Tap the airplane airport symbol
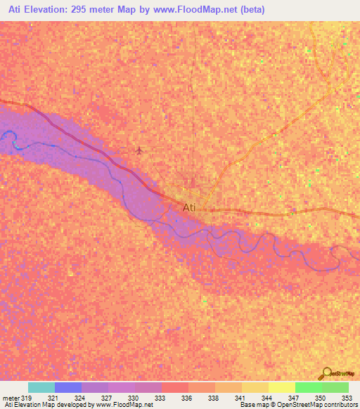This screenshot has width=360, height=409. coord(139,150)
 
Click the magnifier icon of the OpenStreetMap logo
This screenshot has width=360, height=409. coord(327,372)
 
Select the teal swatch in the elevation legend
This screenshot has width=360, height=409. coord(41,387)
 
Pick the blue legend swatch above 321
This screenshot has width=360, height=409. coord(68,387)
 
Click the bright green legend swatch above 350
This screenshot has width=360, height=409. coord(309,387)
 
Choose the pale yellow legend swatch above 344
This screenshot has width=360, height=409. coord(282,387)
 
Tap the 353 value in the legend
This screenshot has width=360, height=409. coord(347,398)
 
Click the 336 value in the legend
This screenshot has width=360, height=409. coord(186,398)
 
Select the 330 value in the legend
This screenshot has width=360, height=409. coord(133,398)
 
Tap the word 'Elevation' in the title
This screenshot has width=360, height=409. coord(47,10)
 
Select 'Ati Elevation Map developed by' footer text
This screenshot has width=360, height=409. coord(46,405)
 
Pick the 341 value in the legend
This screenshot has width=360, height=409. coord(240,398)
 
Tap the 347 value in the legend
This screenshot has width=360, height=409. coord(293,398)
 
